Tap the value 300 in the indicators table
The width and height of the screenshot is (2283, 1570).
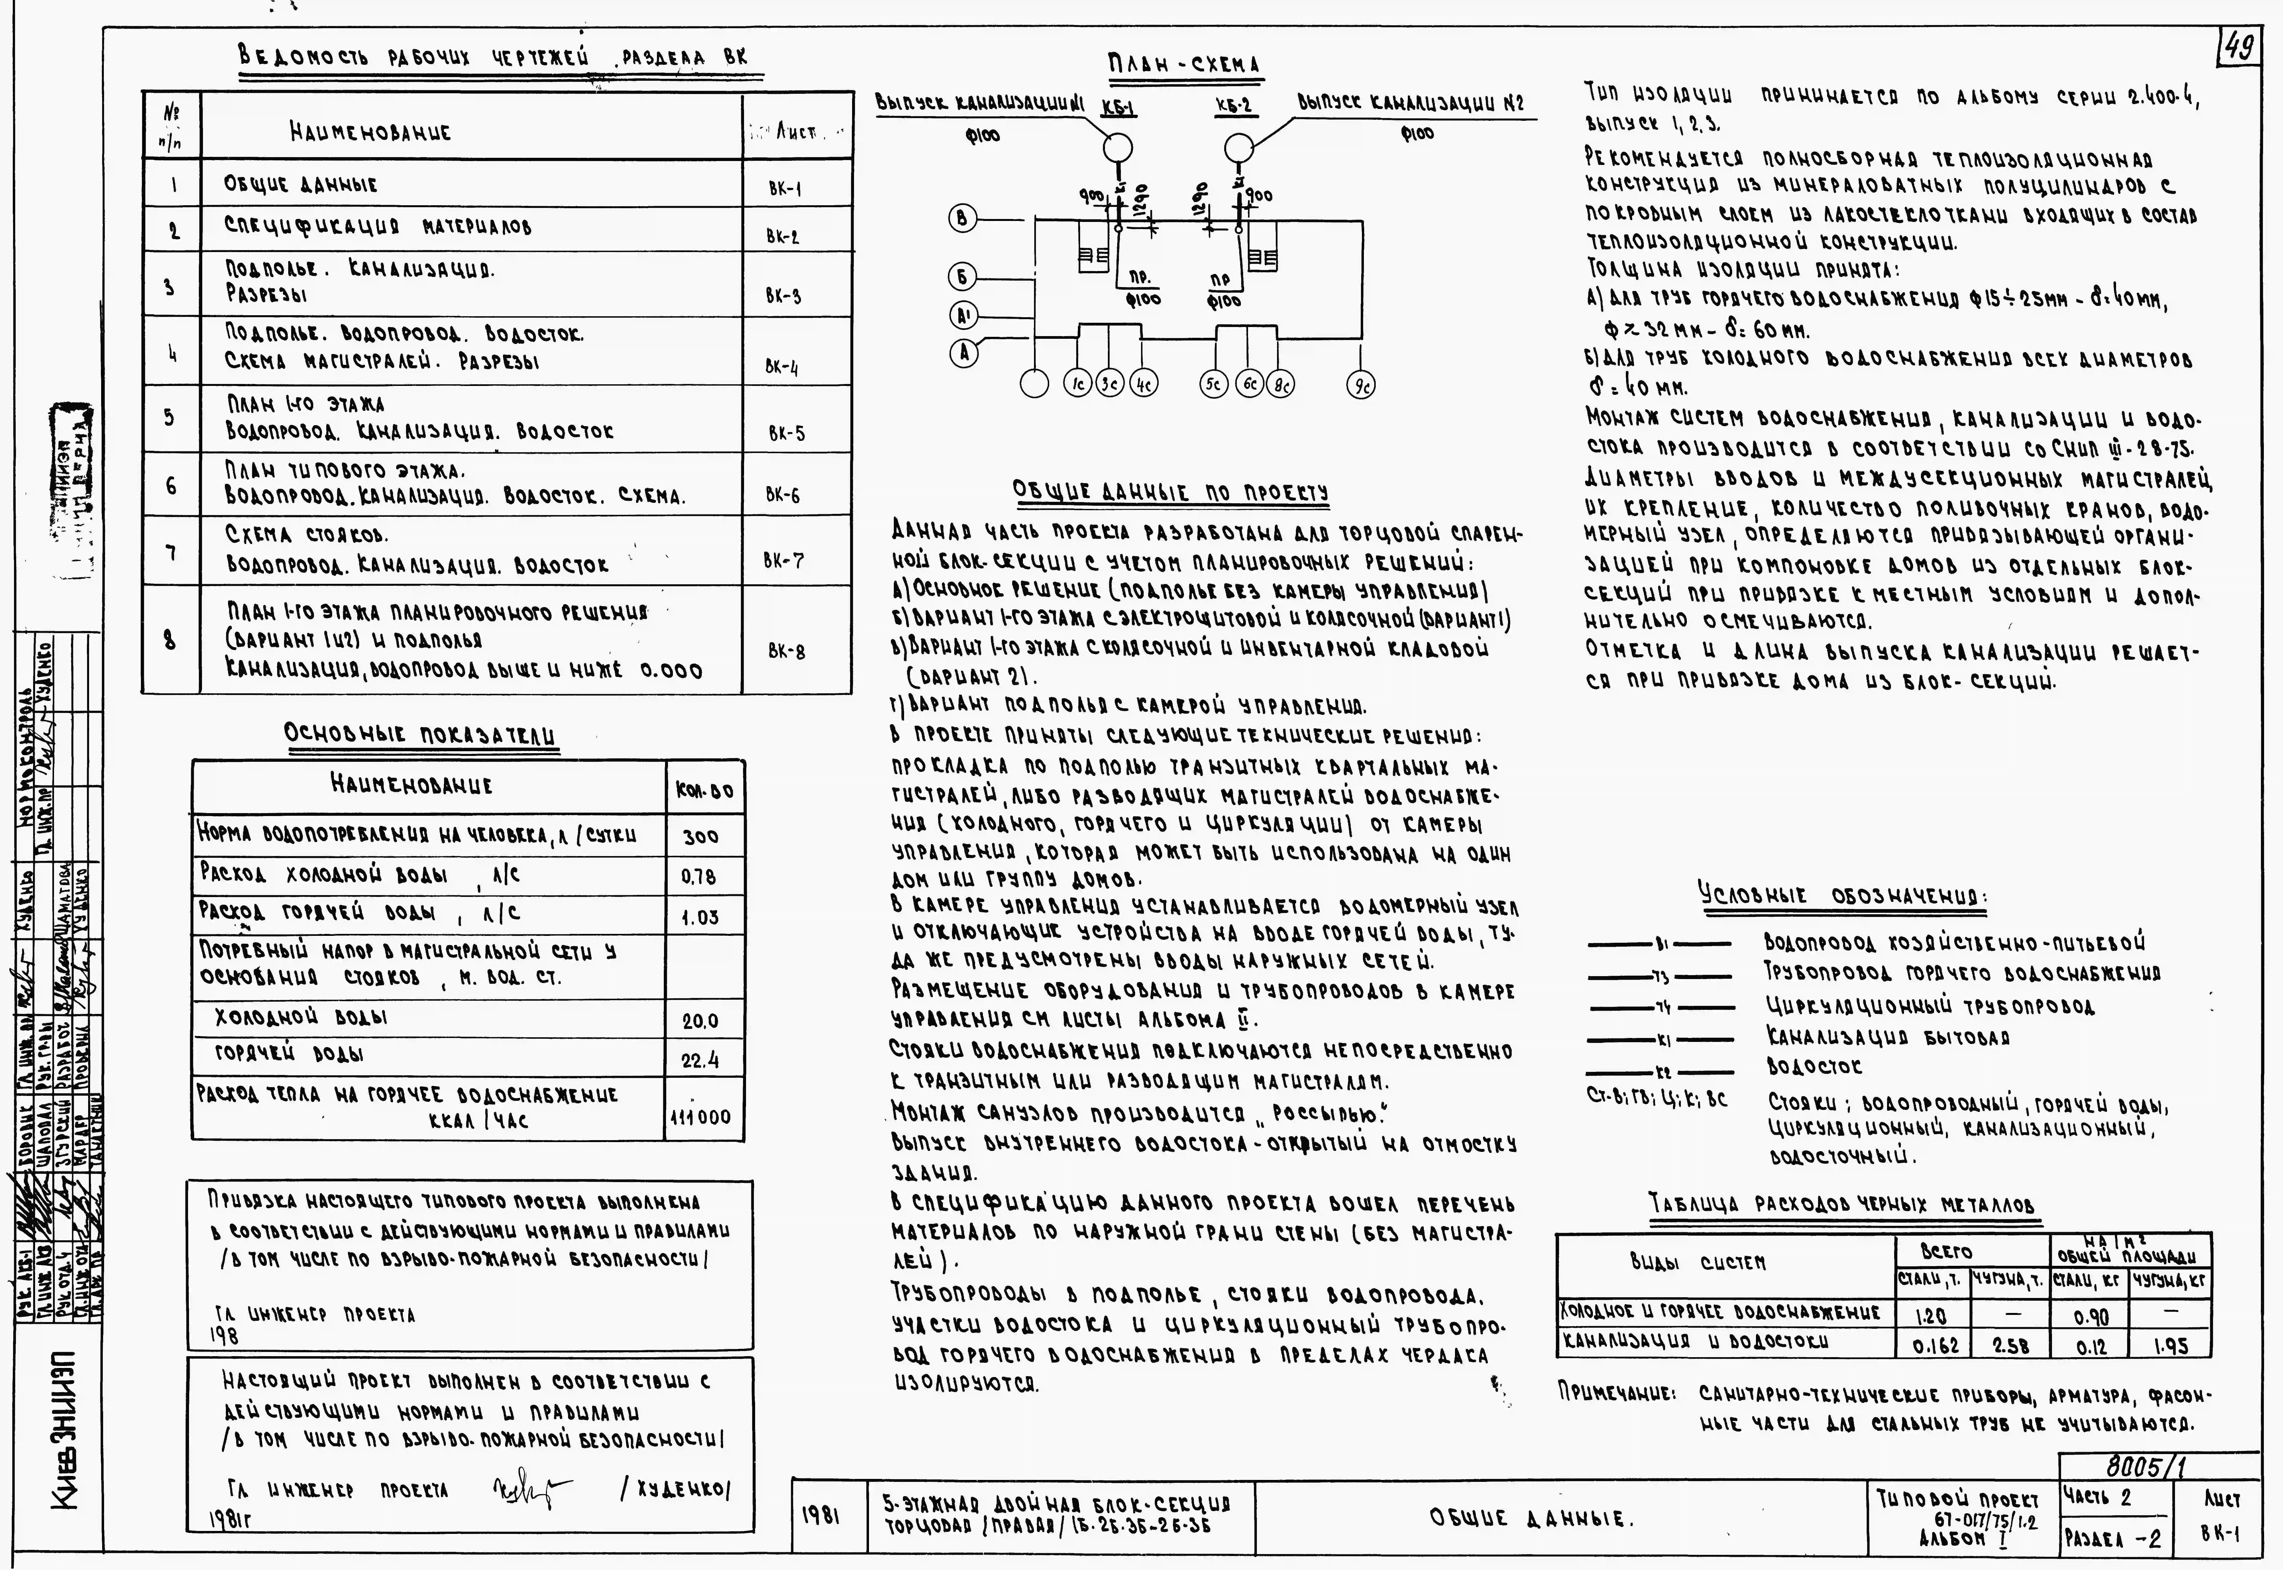point(700,836)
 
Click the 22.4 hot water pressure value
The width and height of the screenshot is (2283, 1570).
point(700,1059)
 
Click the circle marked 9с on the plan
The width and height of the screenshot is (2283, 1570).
point(1361,385)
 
